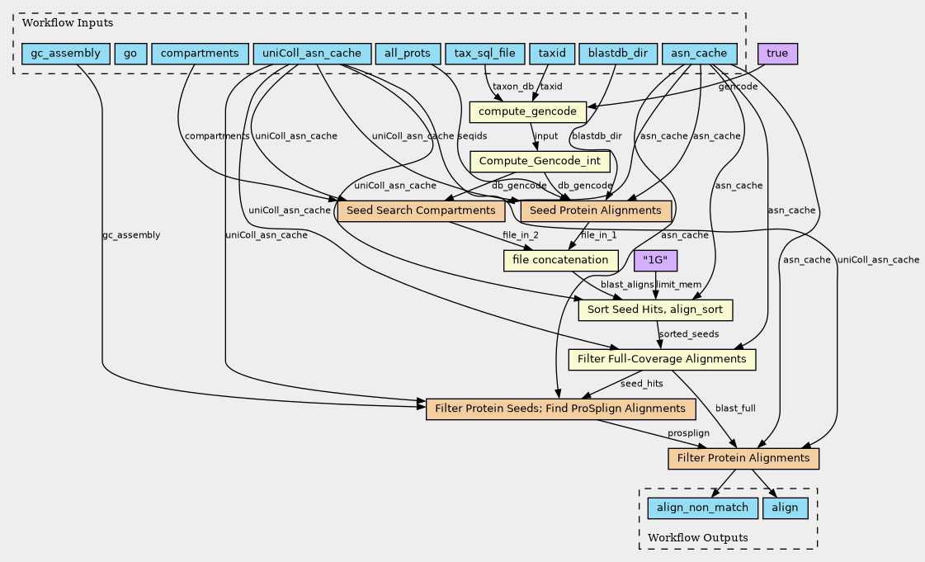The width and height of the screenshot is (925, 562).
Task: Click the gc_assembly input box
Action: [x=65, y=54]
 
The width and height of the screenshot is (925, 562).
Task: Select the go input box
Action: [x=130, y=54]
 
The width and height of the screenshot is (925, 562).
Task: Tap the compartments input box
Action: [x=200, y=54]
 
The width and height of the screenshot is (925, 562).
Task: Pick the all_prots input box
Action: [x=408, y=54]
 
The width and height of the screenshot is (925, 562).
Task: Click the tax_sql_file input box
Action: [x=484, y=54]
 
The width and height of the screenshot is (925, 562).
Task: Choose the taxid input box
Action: [x=551, y=54]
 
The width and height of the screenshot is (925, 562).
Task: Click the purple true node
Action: [x=777, y=54]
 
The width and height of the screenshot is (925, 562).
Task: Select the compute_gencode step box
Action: [x=528, y=111]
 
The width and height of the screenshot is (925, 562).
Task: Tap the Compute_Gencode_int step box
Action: [x=540, y=161]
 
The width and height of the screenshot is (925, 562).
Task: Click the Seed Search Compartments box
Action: [x=422, y=210]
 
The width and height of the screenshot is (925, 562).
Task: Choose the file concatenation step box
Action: [x=560, y=260]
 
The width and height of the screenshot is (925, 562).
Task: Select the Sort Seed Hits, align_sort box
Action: [x=656, y=309]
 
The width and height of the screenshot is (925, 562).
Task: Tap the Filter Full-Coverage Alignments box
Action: [x=663, y=359]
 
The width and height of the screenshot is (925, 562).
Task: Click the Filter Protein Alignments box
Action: [x=743, y=458]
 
